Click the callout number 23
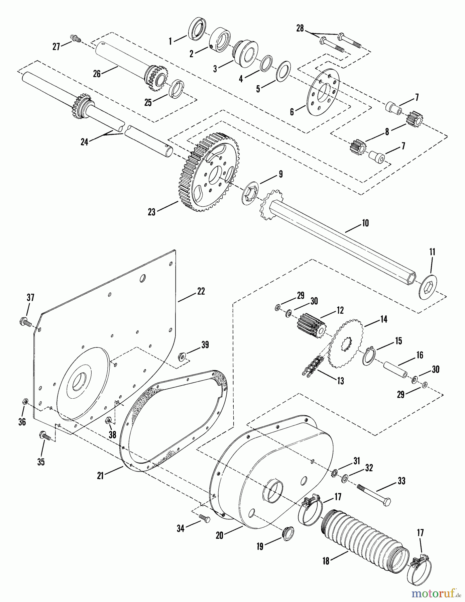point(152,212)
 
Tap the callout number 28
point(300,28)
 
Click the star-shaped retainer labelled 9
point(251,191)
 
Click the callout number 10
point(365,223)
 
